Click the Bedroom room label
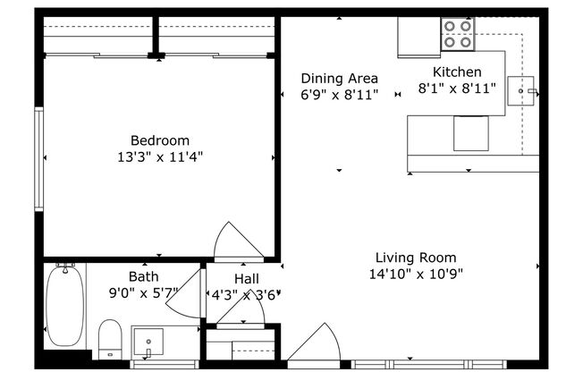[160, 140]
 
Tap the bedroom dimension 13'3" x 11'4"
[160, 156]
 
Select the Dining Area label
[339, 78]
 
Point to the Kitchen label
[457, 72]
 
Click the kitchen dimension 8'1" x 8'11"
[457, 89]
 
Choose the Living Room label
[416, 258]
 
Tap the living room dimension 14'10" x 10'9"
[416, 274]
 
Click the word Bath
[143, 277]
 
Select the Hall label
[247, 279]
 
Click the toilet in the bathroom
[109, 340]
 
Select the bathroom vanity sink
[148, 342]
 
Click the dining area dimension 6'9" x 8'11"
[339, 94]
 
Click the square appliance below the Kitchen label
[470, 134]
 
